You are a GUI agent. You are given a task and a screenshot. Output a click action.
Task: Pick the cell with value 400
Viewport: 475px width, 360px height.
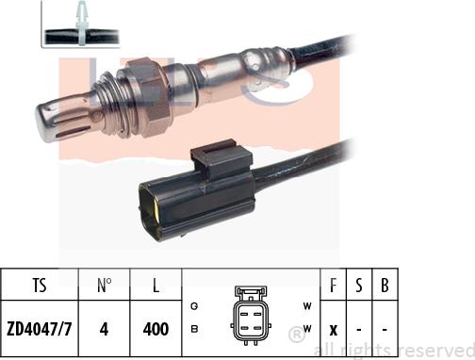point(155,329)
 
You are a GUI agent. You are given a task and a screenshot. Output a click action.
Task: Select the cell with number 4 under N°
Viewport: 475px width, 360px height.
point(106,329)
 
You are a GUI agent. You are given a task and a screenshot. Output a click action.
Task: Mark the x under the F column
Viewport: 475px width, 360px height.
point(334,330)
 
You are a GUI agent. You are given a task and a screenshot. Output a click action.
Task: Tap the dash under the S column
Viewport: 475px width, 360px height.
point(359,330)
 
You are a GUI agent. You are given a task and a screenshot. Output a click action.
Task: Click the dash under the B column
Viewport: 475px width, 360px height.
point(385,330)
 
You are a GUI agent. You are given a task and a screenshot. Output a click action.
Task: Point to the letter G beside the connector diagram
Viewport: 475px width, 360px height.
point(194,306)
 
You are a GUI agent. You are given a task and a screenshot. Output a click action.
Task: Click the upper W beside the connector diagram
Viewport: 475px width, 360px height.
point(307,306)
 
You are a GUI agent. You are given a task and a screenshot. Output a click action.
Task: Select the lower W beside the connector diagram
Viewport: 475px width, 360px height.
point(307,328)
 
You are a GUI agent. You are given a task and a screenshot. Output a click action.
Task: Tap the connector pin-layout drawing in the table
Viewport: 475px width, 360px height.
point(250,315)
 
